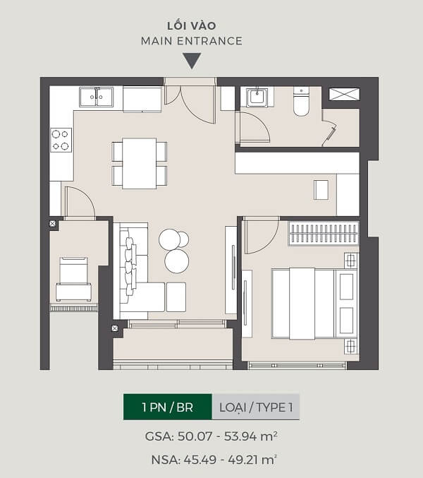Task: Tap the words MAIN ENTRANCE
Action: pos(192,41)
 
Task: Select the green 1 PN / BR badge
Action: pos(167,407)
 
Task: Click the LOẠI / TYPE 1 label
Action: pos(256,407)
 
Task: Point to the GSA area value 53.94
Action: pos(240,436)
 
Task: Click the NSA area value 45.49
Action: pos(200,460)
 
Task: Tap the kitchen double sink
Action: pos(96,97)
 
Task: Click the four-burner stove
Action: pos(61,140)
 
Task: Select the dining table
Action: pos(140,163)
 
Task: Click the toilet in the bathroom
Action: pos(301,101)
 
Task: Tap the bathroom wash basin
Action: pos(257,97)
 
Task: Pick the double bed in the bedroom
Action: pos(314,304)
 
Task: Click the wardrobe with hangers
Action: pos(324,233)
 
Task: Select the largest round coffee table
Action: pos(177,261)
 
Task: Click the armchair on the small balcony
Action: pos(73,279)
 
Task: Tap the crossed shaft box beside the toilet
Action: pos(345,94)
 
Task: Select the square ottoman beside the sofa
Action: pos(176,297)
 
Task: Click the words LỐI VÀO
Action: pos(192,26)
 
